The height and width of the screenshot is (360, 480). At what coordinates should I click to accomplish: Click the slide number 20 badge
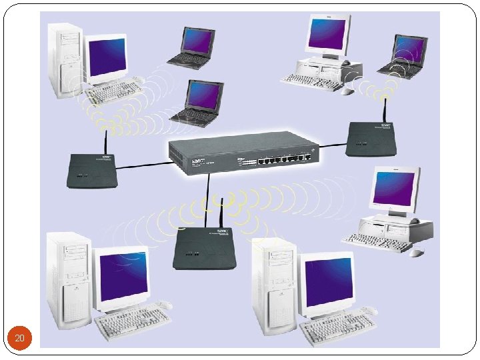pyautogui.click(x=20, y=339)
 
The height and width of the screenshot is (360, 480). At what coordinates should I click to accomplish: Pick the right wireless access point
pyautogui.click(x=371, y=140)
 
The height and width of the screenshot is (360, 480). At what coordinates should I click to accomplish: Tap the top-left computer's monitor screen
pyautogui.click(x=107, y=57)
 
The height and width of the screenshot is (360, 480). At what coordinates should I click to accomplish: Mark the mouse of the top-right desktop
pyautogui.click(x=347, y=91)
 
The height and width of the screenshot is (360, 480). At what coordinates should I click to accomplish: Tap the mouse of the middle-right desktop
pyautogui.click(x=417, y=253)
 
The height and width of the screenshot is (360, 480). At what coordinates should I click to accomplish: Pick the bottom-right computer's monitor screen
pyautogui.click(x=327, y=281)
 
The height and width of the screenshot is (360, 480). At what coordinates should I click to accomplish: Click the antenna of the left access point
pyautogui.click(x=106, y=141)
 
